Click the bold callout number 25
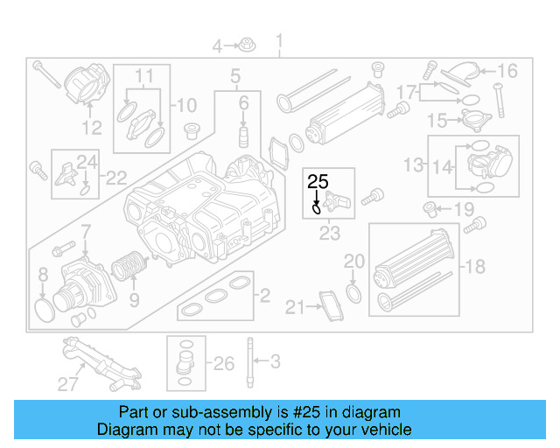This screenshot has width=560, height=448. coord(317,182)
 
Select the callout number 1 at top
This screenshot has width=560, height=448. coord(279,41)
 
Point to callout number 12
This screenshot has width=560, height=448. coord(93,129)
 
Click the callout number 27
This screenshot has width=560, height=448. coord(68,382)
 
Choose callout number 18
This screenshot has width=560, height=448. coord(475,266)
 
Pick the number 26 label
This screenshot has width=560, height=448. coord(224,362)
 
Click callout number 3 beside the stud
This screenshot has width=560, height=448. coord(274,360)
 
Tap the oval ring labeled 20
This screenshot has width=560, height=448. coord(353,291)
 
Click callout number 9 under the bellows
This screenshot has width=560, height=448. coord(134,301)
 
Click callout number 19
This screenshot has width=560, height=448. coord(463,209)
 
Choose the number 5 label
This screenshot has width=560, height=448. coord(235,78)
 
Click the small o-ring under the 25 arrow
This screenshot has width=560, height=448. coord(316,209)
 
